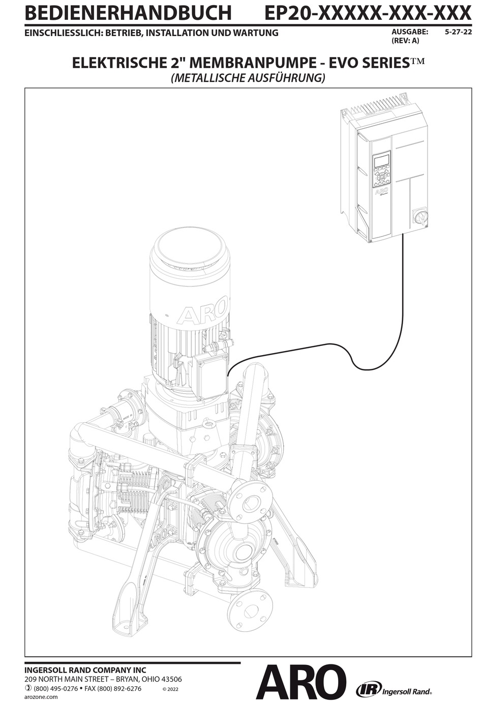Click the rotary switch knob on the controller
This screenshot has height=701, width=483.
click(420, 217)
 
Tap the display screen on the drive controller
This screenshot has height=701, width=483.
click(381, 161)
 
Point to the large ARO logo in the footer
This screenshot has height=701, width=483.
click(301, 683)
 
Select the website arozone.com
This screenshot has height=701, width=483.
click(41, 697)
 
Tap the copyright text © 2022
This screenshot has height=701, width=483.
click(170, 689)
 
